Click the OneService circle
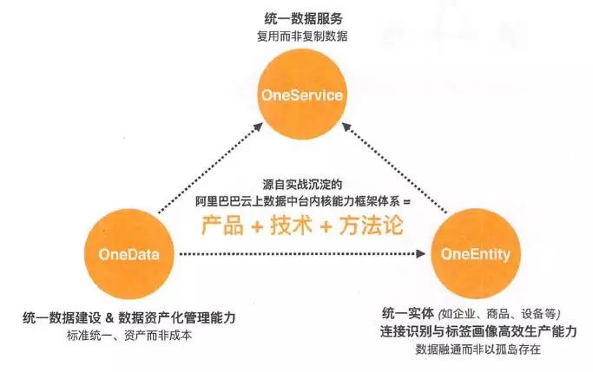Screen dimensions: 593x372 click(x=302, y=95)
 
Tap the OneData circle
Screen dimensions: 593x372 click(x=129, y=254)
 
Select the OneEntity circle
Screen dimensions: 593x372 click(x=476, y=254)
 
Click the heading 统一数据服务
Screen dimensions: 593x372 click(x=303, y=19)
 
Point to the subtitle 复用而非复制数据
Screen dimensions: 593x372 click(x=302, y=36)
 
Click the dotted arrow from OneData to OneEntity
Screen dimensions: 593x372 click(x=302, y=254)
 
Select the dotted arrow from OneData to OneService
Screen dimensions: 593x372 click(x=210, y=167)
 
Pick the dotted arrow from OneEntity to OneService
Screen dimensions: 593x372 click(x=394, y=167)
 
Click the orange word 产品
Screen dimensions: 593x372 click(x=222, y=225)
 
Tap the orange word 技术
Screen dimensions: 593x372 click(x=292, y=225)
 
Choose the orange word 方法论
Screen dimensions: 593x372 click(x=371, y=225)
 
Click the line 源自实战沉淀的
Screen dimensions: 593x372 click(x=302, y=185)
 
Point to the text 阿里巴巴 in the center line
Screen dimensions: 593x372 click(x=218, y=202)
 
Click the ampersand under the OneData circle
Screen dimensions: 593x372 click(x=109, y=318)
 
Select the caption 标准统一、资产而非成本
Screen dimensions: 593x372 click(x=129, y=336)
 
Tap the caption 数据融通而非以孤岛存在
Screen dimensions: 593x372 click(x=478, y=349)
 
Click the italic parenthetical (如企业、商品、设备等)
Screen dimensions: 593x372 click(x=499, y=314)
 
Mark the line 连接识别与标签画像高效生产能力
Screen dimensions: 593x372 click(x=478, y=331)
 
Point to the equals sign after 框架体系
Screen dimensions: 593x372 click(x=406, y=202)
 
